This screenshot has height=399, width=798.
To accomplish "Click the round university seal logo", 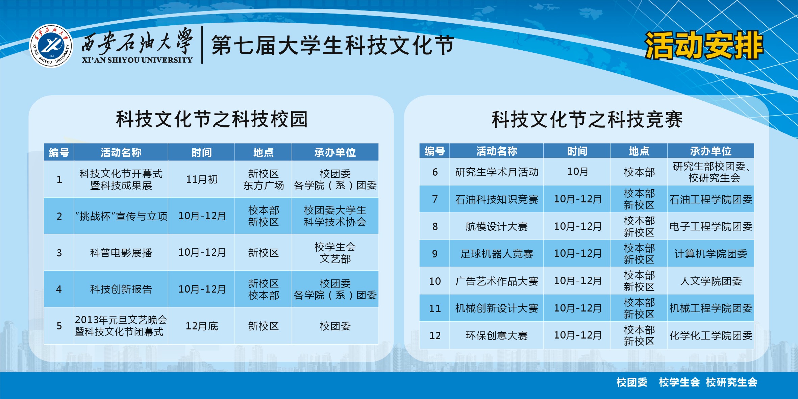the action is [x=51, y=46].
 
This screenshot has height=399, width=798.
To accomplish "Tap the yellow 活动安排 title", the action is [x=704, y=45].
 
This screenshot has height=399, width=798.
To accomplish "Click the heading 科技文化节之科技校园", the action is [x=212, y=119].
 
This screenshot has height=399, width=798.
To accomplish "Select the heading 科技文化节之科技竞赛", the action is [x=587, y=119].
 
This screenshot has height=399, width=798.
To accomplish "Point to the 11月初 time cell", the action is [x=202, y=179].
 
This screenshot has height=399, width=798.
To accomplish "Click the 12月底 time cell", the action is [x=202, y=326].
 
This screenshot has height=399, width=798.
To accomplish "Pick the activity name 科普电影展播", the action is [x=121, y=253].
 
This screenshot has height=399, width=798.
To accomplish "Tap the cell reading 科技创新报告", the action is [x=121, y=289].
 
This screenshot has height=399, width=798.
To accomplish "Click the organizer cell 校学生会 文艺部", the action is [x=335, y=253].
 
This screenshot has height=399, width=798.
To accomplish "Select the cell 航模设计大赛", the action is [x=496, y=226].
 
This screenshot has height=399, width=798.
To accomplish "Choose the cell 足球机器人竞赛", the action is [x=496, y=254].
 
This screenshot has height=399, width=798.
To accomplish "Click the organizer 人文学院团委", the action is [x=711, y=281].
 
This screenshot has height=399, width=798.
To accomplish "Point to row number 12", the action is [x=435, y=335].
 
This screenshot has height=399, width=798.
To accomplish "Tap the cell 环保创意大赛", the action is [x=496, y=335].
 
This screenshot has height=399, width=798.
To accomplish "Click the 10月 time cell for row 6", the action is [x=577, y=172].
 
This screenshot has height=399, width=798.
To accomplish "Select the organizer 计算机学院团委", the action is [x=711, y=254].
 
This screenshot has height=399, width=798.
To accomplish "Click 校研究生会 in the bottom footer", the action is [x=731, y=382].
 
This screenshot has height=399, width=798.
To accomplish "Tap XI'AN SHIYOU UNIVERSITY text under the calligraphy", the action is [x=137, y=60].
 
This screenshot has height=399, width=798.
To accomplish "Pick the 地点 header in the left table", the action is [x=263, y=152].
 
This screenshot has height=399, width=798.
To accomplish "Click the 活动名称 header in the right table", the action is [x=496, y=151].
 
